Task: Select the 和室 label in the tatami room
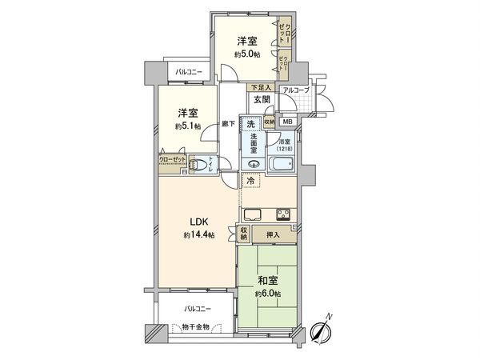pyautogui.click(x=268, y=281)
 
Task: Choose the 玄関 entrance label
pyautogui.click(x=261, y=100)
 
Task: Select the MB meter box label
pyautogui.click(x=287, y=122)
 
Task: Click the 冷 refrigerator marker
pyautogui.click(x=250, y=182)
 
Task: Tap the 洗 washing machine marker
pyautogui.click(x=251, y=124)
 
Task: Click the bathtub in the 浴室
pyautogui.click(x=282, y=165)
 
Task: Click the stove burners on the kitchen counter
pyautogui.click(x=284, y=214)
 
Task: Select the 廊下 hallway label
pyautogui.click(x=228, y=125)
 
